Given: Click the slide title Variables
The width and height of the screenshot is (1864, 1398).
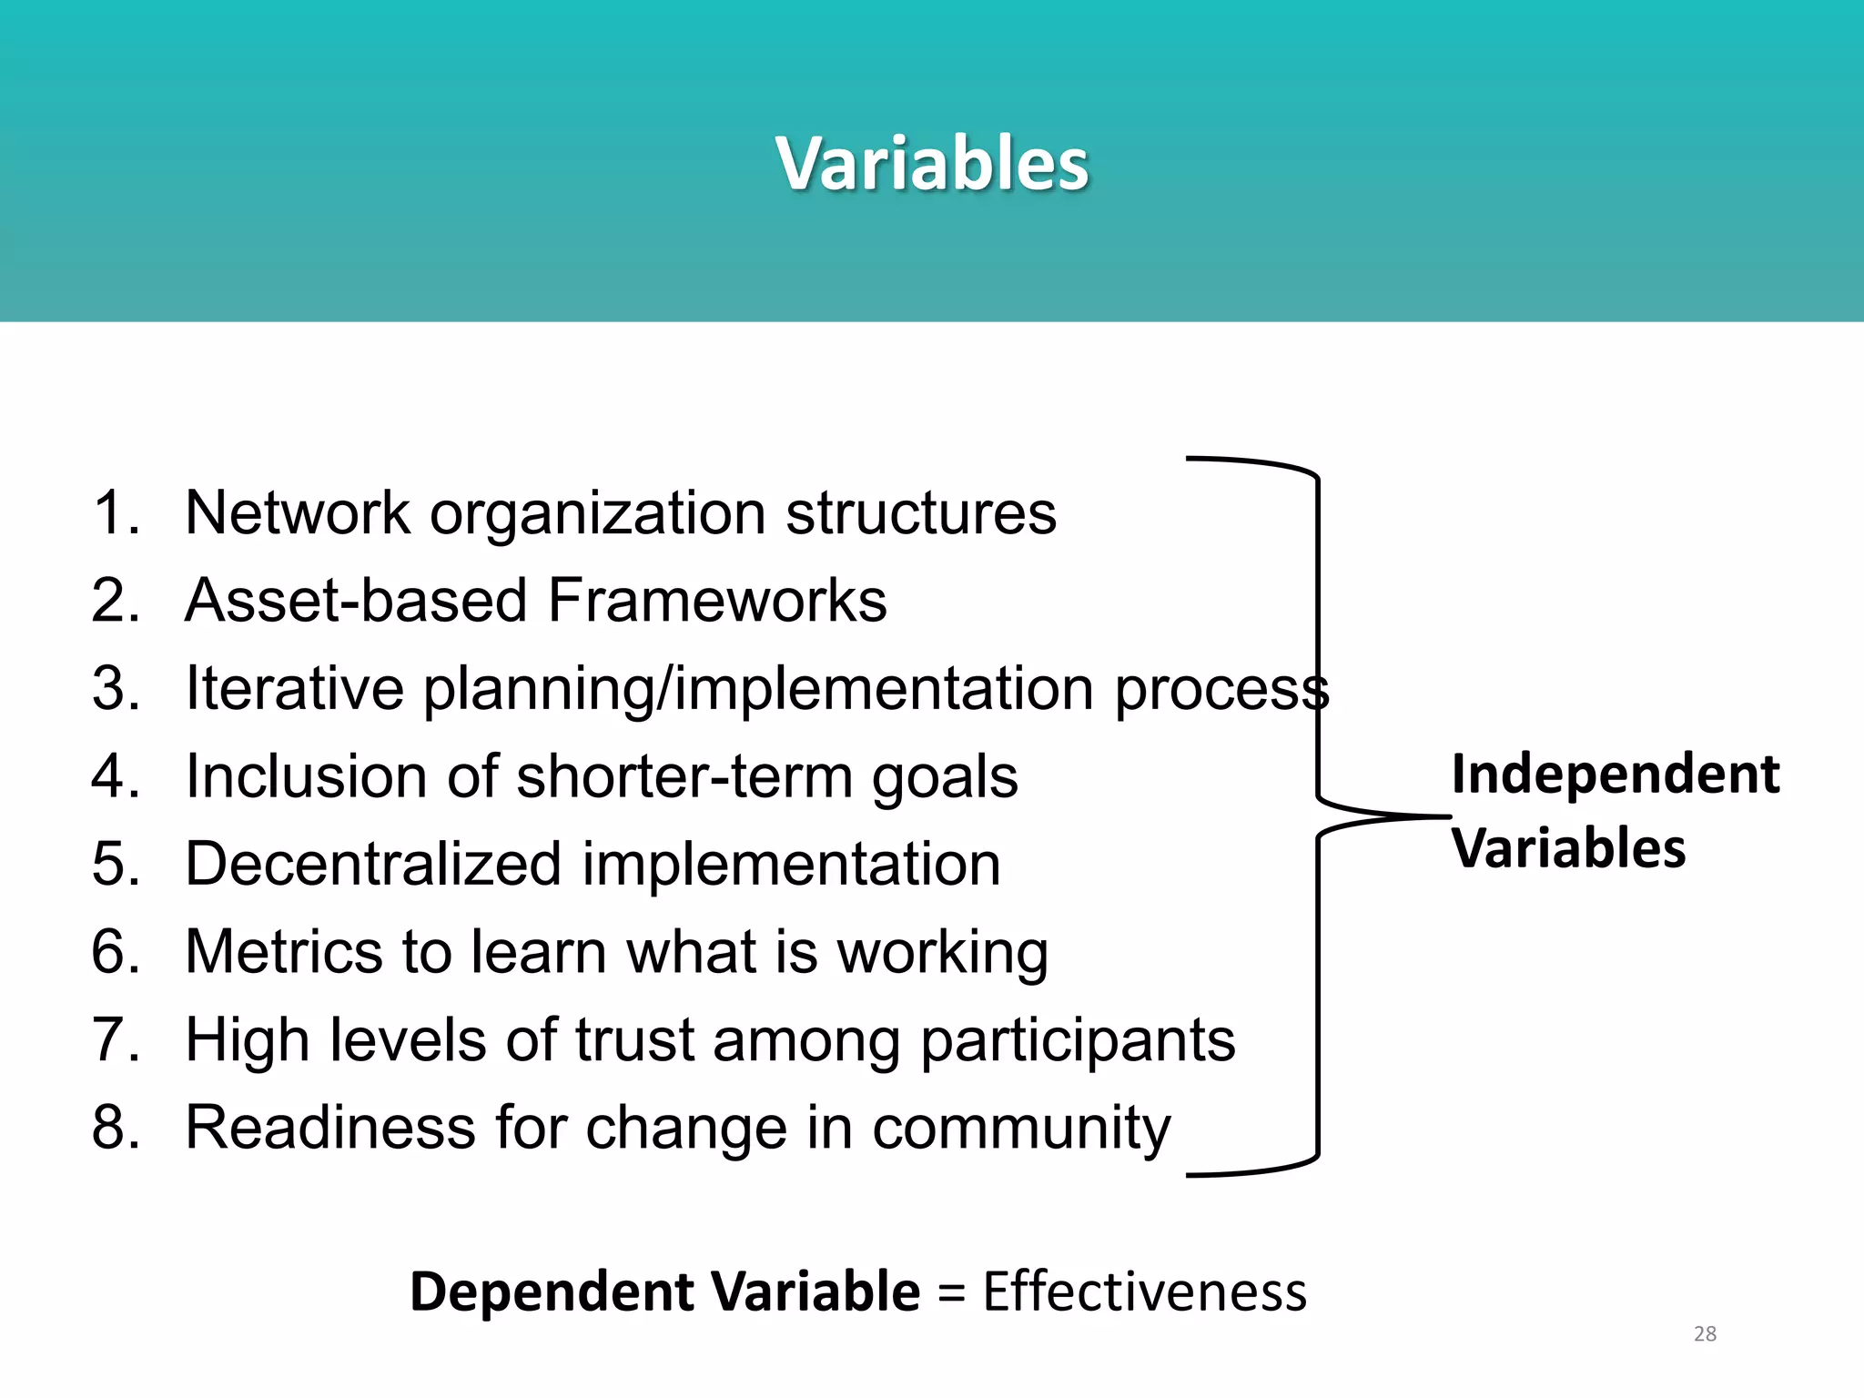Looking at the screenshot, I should [932, 164].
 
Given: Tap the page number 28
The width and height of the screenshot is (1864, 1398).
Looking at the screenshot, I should [1705, 1334].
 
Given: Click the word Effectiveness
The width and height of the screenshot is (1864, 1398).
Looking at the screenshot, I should [1144, 1292].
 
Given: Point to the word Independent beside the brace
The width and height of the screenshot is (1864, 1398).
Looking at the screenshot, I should [1615, 775].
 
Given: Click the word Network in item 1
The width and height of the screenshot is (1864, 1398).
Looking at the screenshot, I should [297, 512].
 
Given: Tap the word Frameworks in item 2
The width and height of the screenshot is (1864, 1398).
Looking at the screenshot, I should [716, 601].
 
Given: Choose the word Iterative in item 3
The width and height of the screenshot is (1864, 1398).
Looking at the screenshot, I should [294, 688].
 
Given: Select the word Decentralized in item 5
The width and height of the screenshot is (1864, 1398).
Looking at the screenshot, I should [373, 864].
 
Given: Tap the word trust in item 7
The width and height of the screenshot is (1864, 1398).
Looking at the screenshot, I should [634, 1039].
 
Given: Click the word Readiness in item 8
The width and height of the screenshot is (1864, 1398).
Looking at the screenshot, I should [330, 1127].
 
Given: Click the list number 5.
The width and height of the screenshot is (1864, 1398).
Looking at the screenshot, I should [115, 864].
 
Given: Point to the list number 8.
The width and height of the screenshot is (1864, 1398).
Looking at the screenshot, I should [115, 1127].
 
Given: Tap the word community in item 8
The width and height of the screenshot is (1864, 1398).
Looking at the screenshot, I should [1020, 1129].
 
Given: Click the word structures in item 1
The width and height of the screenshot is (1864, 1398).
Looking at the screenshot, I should [920, 512].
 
